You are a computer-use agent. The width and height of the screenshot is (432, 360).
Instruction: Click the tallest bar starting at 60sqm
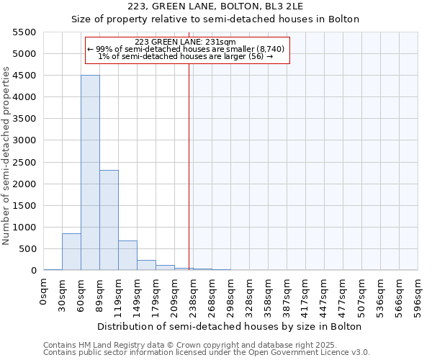[90, 173]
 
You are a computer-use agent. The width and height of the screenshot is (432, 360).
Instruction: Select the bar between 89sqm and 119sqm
[109, 220]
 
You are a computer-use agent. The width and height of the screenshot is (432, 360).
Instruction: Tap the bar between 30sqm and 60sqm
[71, 252]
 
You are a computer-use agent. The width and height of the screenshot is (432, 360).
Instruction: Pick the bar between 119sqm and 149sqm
[127, 256]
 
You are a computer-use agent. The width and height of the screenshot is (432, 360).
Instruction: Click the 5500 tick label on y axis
[24, 32]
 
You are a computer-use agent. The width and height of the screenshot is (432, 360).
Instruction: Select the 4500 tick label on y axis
[24, 76]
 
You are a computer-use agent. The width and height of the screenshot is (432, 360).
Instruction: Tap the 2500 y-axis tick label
[24, 162]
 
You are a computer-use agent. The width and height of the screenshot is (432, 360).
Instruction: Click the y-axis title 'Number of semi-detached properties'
[6, 155]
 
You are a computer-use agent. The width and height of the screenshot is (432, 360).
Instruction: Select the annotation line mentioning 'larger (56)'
[185, 56]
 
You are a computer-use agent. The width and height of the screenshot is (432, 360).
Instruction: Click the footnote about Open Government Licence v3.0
[207, 353]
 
